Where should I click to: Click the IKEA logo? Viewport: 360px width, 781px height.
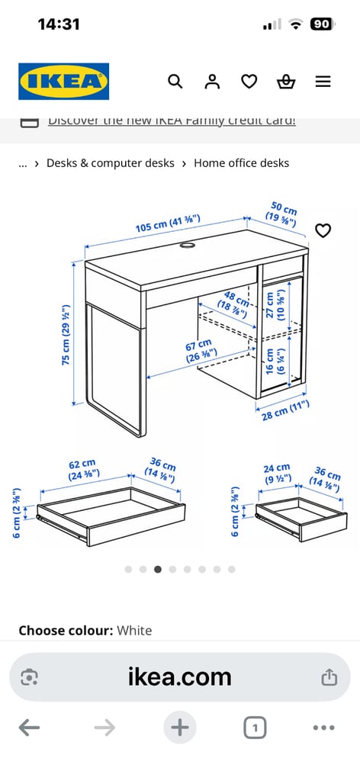[63, 82]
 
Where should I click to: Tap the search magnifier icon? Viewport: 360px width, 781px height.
[175, 82]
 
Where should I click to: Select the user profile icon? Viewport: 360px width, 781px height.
[212, 82]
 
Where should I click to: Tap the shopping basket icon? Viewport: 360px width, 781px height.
[286, 82]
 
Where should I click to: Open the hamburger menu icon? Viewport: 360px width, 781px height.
[323, 82]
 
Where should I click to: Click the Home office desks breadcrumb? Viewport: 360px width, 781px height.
[241, 163]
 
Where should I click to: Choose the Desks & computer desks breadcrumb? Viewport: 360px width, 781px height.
[110, 163]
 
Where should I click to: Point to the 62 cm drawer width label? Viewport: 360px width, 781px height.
[81, 468]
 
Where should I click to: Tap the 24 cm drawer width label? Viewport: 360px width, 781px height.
[276, 474]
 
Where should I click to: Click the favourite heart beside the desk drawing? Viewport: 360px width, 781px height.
[323, 230]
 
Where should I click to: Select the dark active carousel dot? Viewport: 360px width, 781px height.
[158, 569]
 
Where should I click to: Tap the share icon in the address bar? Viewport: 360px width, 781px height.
[329, 677]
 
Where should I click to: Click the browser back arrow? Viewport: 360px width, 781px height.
[29, 728]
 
